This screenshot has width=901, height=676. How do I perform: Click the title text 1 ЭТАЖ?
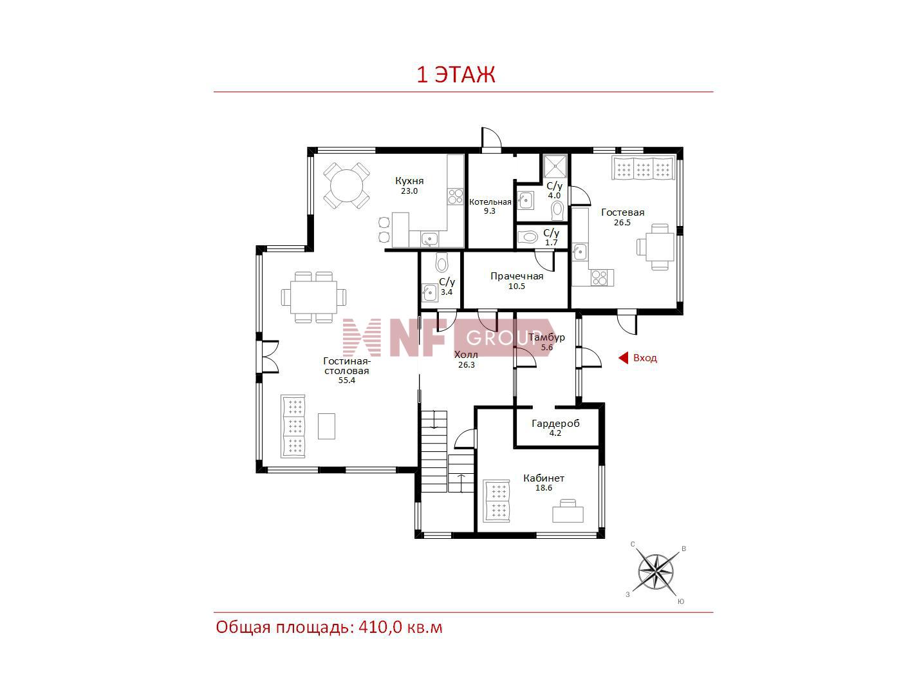[456, 75]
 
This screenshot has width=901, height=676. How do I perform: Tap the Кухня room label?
[409, 181]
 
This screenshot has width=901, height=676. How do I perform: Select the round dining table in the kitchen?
[347, 186]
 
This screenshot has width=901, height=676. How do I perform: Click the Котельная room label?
[490, 202]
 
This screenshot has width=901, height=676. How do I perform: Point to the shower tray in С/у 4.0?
[555, 166]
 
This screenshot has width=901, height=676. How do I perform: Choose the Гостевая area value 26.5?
[622, 223]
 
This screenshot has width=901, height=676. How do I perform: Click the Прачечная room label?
[517, 276]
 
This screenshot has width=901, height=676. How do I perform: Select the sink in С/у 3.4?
[430, 293]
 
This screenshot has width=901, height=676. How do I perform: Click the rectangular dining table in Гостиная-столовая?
[313, 297]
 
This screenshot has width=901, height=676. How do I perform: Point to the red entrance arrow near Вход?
[624, 358]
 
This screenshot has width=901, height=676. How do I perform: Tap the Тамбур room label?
[547, 337]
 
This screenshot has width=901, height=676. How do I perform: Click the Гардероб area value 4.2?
[555, 433]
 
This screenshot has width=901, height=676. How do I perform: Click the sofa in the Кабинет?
[496, 501]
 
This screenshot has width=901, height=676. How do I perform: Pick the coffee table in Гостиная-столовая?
[326, 426]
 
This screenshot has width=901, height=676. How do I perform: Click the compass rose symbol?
[656, 571]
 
